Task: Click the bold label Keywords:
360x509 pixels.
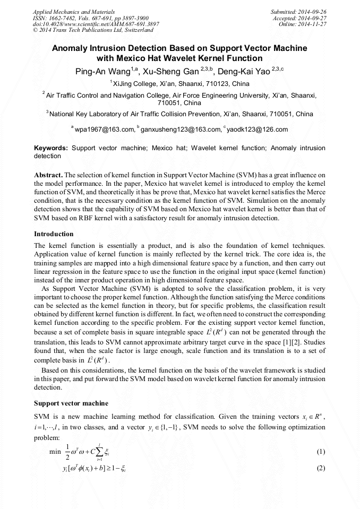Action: (x=51, y=148)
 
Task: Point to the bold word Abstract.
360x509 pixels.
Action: (x=48, y=175)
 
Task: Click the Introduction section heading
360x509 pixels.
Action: (x=54, y=234)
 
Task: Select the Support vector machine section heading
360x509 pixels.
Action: (x=71, y=403)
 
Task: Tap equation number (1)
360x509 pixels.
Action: (x=320, y=452)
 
